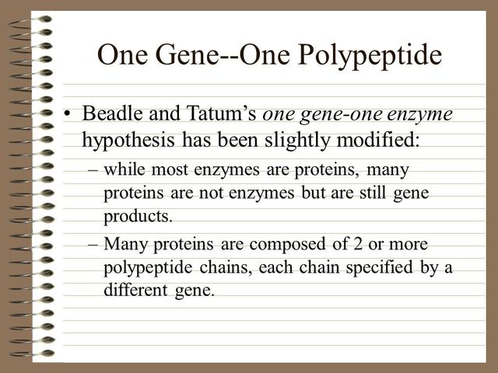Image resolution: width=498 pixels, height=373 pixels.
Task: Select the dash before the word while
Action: click(x=93, y=169)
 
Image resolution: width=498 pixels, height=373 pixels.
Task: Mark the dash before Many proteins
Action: click(x=93, y=245)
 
